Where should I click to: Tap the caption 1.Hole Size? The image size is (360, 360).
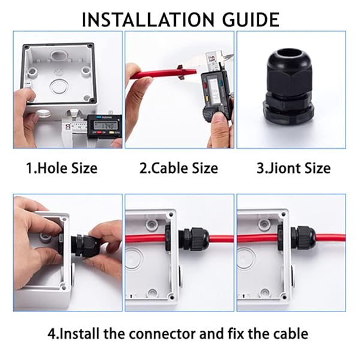pos(61,168)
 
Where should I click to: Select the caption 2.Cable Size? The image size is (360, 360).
pos(178,168)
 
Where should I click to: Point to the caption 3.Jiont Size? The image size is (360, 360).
pos(293,168)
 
